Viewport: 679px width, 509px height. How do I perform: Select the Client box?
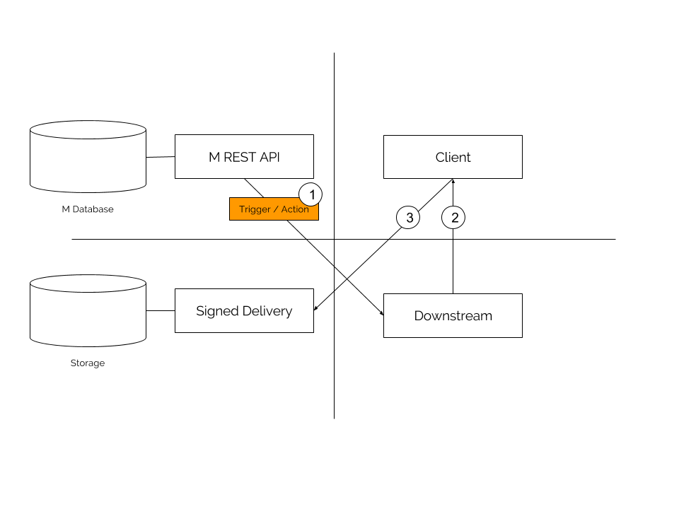point(453,157)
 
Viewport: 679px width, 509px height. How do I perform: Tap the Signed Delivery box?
point(244,311)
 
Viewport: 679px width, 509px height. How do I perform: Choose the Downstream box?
point(453,316)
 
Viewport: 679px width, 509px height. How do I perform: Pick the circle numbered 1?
point(311,194)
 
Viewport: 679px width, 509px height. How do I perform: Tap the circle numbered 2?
point(453,218)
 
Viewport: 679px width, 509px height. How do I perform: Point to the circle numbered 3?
point(409,218)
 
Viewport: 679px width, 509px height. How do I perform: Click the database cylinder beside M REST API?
point(88,157)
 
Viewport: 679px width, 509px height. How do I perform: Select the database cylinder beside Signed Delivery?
point(88,311)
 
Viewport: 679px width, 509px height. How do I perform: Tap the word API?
point(269,157)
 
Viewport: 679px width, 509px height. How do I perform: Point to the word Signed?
point(217,311)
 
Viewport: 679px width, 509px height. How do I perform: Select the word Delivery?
point(267,311)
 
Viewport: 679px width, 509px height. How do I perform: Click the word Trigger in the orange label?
point(255,209)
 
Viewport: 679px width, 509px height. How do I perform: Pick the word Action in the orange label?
point(295,209)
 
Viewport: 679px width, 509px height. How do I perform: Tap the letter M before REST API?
point(214,157)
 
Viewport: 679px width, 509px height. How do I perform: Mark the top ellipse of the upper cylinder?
point(88,130)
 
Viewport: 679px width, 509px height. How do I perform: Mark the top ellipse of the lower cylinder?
point(88,284)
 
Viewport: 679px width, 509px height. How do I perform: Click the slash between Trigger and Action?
point(276,209)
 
